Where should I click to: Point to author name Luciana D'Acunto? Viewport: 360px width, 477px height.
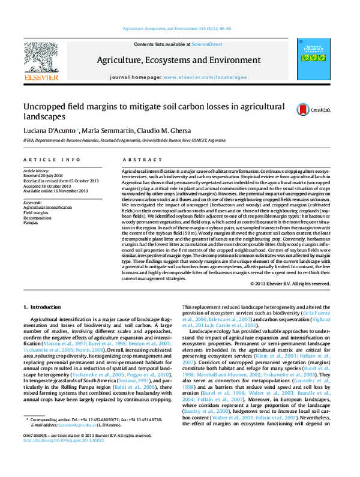coord(49,130)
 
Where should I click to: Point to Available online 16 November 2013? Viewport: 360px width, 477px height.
coord(56,191)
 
